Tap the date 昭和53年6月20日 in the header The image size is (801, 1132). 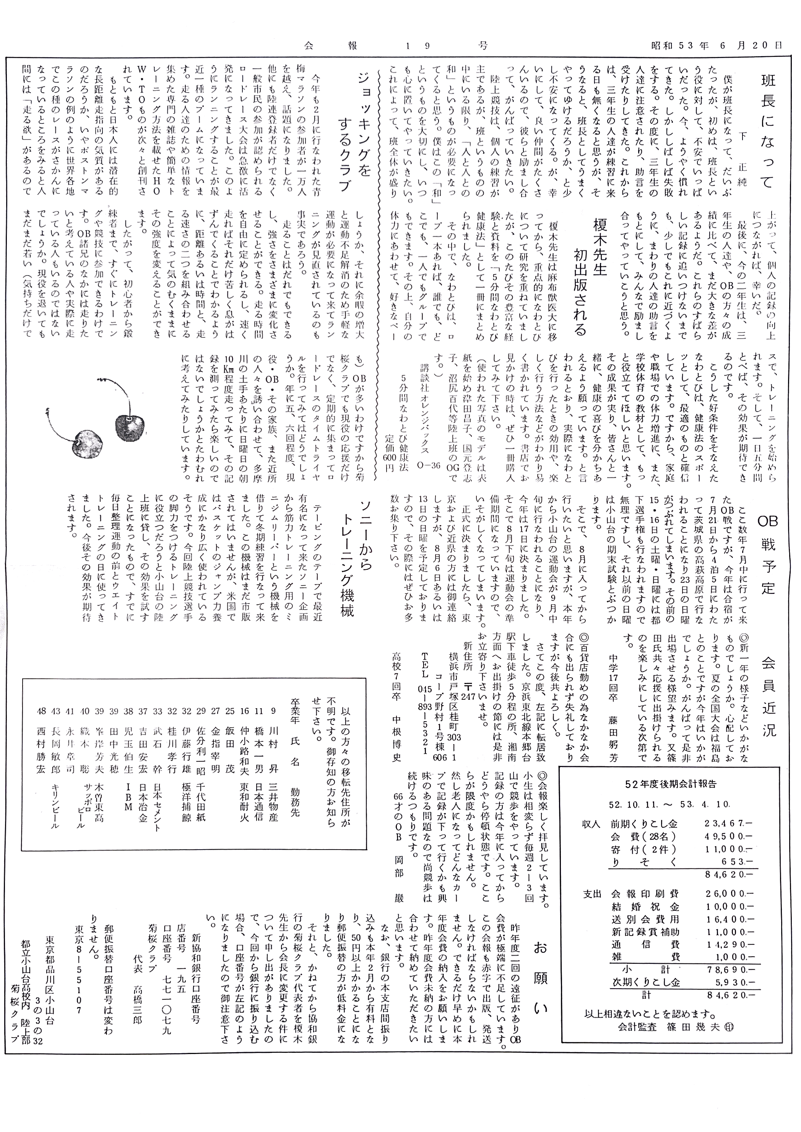(716, 45)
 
